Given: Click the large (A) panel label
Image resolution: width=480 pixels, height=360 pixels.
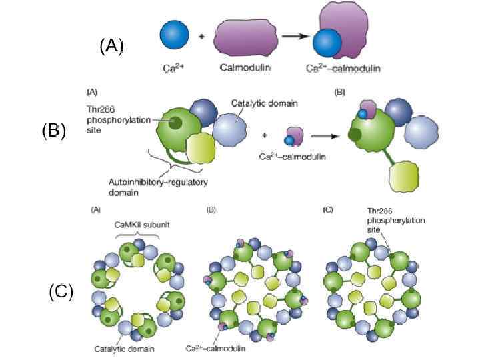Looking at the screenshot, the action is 111,47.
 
